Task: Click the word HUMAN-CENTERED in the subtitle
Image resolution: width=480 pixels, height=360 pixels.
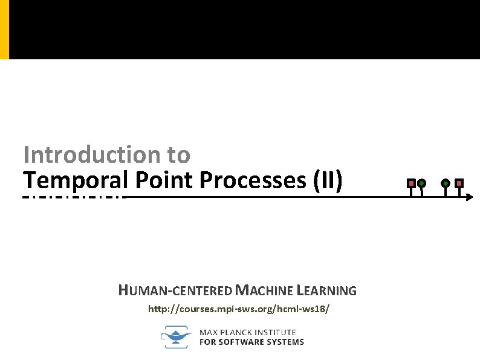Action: [x=174, y=291]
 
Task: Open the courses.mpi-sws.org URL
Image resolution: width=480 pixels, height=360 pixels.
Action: [x=239, y=309]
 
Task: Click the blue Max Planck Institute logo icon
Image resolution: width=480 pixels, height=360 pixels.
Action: [x=175, y=336]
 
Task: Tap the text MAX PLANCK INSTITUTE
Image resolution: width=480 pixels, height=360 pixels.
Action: [x=248, y=332]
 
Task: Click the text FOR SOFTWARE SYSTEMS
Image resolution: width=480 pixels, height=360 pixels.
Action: [x=251, y=342]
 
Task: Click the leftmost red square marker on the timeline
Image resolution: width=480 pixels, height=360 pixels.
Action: [x=411, y=182]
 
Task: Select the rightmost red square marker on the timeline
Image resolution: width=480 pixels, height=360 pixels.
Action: [x=459, y=182]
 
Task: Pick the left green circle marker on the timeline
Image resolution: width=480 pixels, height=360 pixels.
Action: [x=422, y=183]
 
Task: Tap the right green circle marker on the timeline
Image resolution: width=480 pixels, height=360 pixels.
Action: [x=446, y=183]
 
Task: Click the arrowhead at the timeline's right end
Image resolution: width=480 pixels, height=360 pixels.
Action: [x=470, y=197]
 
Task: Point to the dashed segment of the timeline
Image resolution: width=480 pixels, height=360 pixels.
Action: [x=73, y=197]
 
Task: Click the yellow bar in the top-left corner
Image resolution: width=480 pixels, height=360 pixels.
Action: [x=4, y=29]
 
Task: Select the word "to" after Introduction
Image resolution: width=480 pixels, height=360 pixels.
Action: [x=178, y=155]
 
